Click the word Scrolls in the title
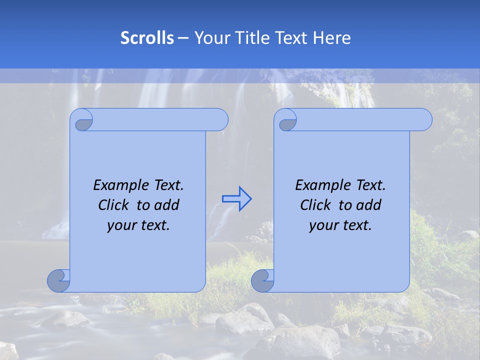147,38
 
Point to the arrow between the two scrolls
236,198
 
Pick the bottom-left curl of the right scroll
262,280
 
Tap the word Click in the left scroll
113,205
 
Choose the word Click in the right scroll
315,205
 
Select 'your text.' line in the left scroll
138,225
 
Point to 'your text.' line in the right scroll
340,225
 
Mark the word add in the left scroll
167,205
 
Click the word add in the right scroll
369,205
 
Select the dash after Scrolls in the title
183,38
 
